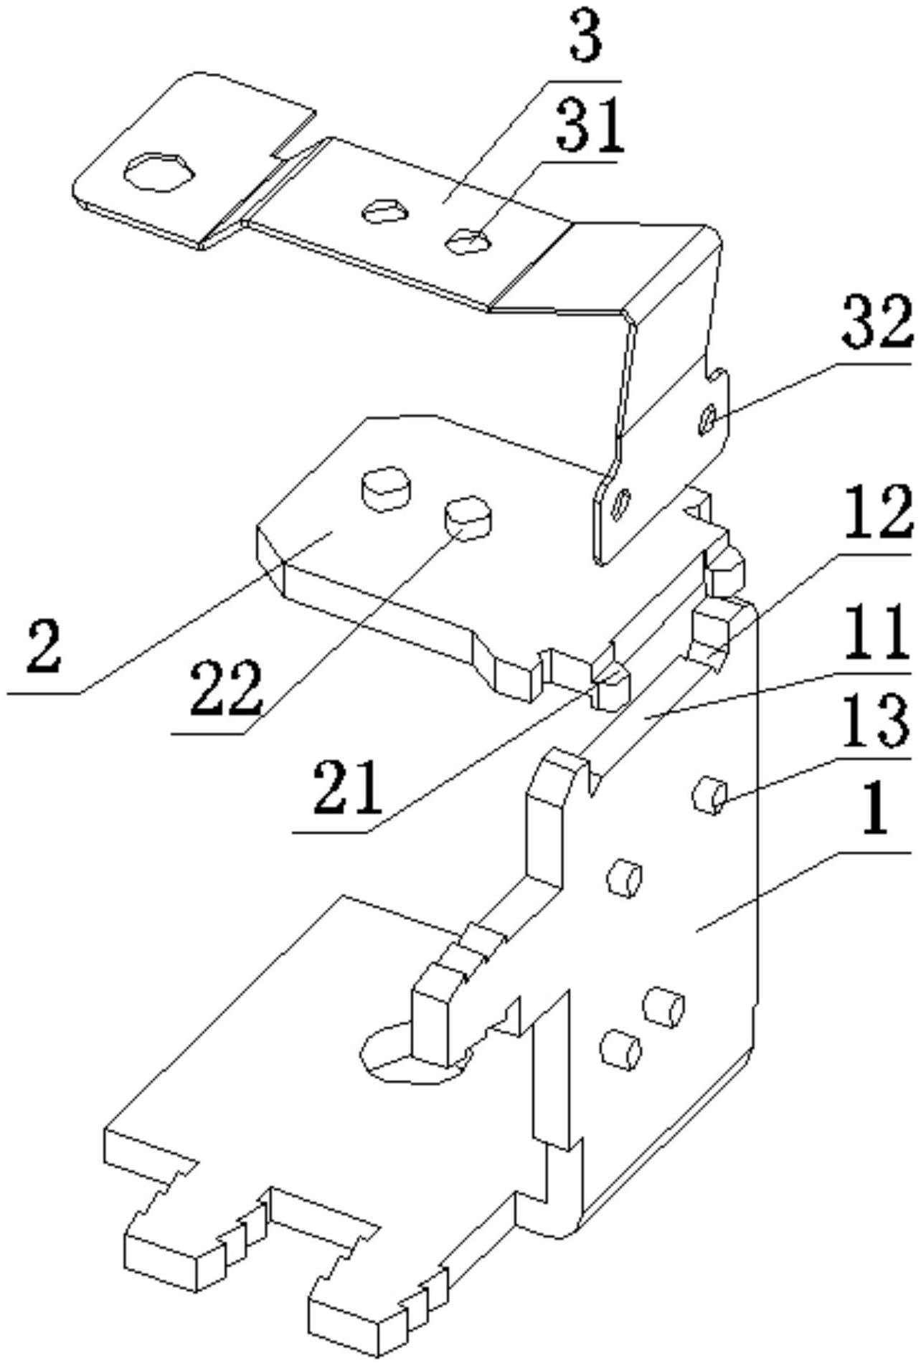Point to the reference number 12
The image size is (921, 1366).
point(877,511)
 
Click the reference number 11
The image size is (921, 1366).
point(875,633)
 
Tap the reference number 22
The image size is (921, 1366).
point(225,688)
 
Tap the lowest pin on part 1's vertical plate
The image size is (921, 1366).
point(620,1051)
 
